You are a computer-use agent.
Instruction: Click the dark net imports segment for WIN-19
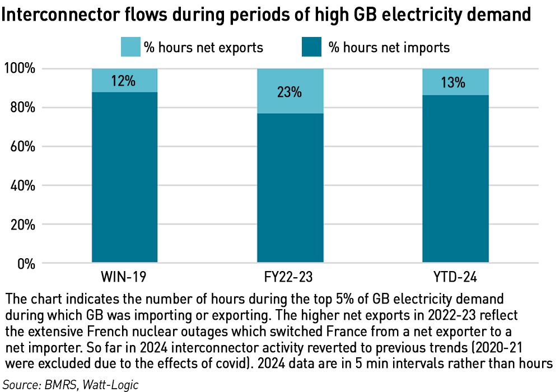pos(124,178)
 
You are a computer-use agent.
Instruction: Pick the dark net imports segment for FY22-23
pos(290,188)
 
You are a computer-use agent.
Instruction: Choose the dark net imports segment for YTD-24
pos(455,179)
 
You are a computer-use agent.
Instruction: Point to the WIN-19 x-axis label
pos(124,277)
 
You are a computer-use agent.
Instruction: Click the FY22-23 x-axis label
pos(290,277)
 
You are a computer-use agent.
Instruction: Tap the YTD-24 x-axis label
pos(455,277)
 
